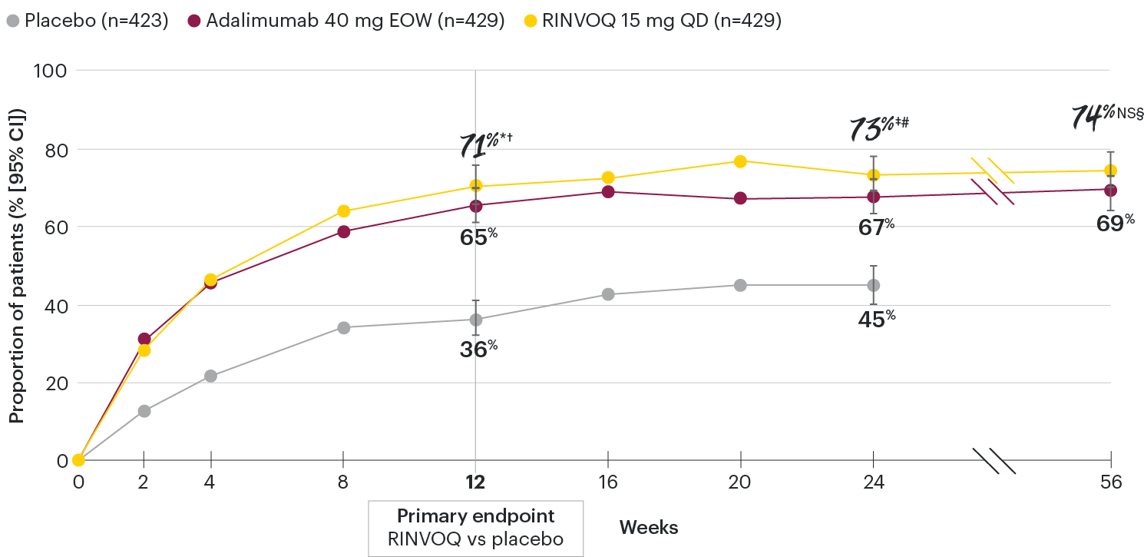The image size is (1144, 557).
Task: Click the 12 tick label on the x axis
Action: coord(475,483)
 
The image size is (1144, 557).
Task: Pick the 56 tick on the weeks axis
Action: coord(1110,483)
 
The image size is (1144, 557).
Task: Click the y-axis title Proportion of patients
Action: coord(18,266)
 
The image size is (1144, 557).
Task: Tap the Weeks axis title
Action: coord(649,528)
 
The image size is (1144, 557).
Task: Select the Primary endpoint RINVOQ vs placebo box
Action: coord(475,528)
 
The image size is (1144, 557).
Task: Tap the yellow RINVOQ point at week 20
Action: coord(740,161)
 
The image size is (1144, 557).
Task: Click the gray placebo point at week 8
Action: coord(343,328)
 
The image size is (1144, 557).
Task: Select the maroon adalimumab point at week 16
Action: coord(608,191)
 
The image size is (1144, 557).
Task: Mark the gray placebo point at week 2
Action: coord(144,411)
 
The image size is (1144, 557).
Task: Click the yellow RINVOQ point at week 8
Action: coord(343,211)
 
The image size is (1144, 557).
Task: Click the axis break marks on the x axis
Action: coord(994,461)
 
